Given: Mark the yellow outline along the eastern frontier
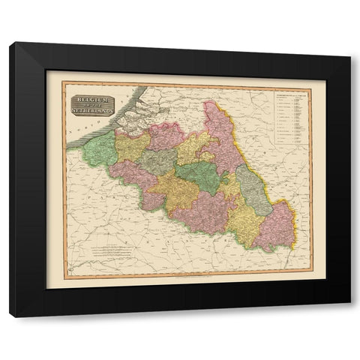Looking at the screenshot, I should tap(289, 225).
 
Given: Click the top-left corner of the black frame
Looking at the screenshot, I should tap(10, 44).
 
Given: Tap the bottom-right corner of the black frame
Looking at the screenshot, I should tap(349, 316).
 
